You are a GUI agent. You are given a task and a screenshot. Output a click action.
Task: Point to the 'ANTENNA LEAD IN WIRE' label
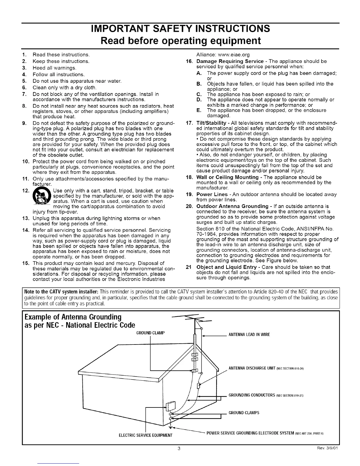[x=249, y=334]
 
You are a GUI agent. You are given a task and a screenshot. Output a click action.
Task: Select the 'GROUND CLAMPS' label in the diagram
[x=244, y=412]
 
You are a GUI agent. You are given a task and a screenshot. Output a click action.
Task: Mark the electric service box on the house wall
[x=170, y=406]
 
